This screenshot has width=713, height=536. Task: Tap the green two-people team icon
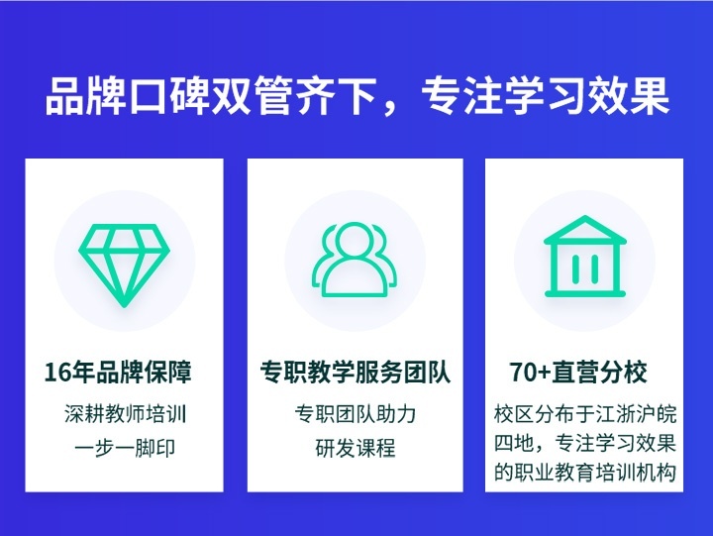(x=355, y=261)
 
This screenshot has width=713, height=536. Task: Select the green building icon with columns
(x=585, y=260)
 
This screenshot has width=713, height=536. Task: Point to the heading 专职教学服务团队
(x=355, y=373)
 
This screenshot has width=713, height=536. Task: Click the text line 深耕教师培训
(x=125, y=413)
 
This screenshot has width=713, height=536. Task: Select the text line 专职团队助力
(x=355, y=413)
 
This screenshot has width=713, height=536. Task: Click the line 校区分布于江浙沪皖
(x=584, y=413)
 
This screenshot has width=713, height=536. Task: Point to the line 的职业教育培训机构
(x=584, y=472)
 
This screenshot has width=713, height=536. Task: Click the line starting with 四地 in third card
(x=584, y=442)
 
